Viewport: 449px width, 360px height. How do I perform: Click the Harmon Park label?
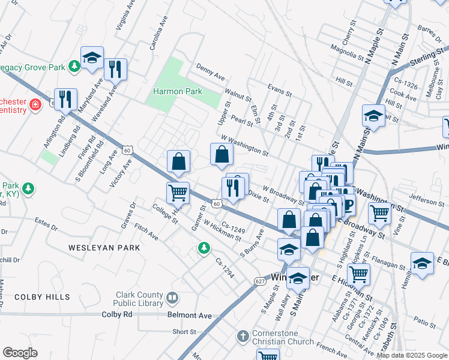178,91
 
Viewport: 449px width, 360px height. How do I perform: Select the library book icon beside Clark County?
172,298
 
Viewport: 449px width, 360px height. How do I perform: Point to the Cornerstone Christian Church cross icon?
243,336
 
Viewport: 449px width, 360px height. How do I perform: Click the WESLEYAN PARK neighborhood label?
104,247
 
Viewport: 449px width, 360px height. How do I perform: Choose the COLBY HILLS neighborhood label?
42,297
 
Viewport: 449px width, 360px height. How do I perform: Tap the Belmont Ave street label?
190,315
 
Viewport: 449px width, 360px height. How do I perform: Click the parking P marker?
348,206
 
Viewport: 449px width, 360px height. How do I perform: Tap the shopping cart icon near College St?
178,193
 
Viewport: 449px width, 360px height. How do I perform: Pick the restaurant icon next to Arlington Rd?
65,99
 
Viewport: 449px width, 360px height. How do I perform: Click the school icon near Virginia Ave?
92,58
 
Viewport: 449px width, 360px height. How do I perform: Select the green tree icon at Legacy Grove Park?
74,65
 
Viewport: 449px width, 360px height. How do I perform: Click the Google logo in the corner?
20,352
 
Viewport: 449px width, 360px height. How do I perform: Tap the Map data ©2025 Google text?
411,355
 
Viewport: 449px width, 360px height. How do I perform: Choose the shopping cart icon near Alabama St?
358,274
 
